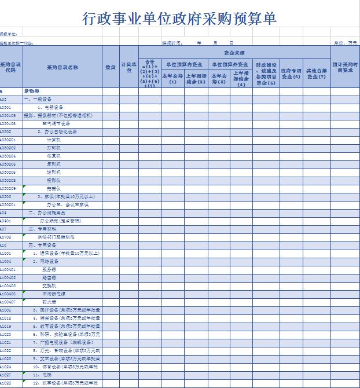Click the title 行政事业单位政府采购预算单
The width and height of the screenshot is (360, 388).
point(180,19)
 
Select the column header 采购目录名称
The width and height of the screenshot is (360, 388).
point(63,67)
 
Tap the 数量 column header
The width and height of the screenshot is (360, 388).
point(111,67)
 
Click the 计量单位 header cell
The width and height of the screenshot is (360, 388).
point(128,67)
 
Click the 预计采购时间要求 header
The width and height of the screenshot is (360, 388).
point(345,67)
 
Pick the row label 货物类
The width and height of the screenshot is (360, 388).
point(31,91)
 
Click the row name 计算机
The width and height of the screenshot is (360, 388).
point(53,140)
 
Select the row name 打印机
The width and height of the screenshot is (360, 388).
point(53,148)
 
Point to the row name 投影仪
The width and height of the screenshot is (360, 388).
point(53,181)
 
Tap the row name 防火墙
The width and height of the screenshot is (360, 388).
point(49,302)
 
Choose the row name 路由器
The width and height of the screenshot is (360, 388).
point(49,278)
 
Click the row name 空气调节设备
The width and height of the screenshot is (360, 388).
point(56,124)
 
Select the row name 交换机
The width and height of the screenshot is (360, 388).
point(49,286)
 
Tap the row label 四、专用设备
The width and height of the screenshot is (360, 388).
point(41,246)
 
